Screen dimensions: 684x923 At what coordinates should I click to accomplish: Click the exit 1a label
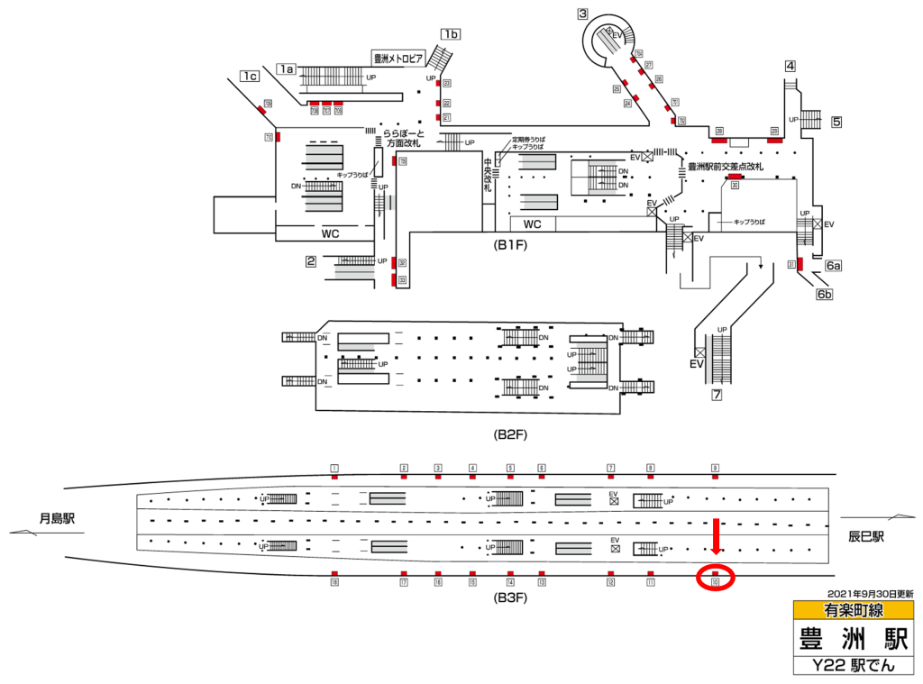tap(287, 68)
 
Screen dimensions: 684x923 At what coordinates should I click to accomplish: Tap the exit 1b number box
tap(451, 35)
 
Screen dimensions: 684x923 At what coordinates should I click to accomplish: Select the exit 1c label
tap(250, 77)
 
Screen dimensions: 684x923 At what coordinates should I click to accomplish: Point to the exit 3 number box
tap(583, 14)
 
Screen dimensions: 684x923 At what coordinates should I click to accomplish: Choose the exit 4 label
tap(790, 66)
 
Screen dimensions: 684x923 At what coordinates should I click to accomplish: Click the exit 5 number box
tap(836, 121)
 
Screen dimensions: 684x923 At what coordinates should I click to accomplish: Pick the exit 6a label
tap(834, 266)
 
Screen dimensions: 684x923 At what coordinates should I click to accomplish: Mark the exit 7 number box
tap(717, 395)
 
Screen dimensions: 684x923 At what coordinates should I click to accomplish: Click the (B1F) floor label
tap(509, 244)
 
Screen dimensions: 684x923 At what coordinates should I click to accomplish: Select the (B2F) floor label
tap(509, 434)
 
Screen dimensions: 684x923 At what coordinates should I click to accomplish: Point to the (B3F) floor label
tap(509, 597)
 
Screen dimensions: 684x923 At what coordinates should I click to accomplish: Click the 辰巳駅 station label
tap(865, 536)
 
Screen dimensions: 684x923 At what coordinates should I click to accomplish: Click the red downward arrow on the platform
tap(717, 536)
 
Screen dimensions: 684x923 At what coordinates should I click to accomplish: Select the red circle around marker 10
tap(717, 579)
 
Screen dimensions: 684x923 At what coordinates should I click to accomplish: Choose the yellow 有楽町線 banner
tap(853, 610)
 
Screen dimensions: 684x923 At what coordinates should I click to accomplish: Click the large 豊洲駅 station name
tap(853, 638)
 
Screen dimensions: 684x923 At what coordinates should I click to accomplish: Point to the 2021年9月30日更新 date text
tap(870, 594)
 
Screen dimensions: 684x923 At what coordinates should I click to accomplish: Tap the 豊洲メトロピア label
tap(398, 59)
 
